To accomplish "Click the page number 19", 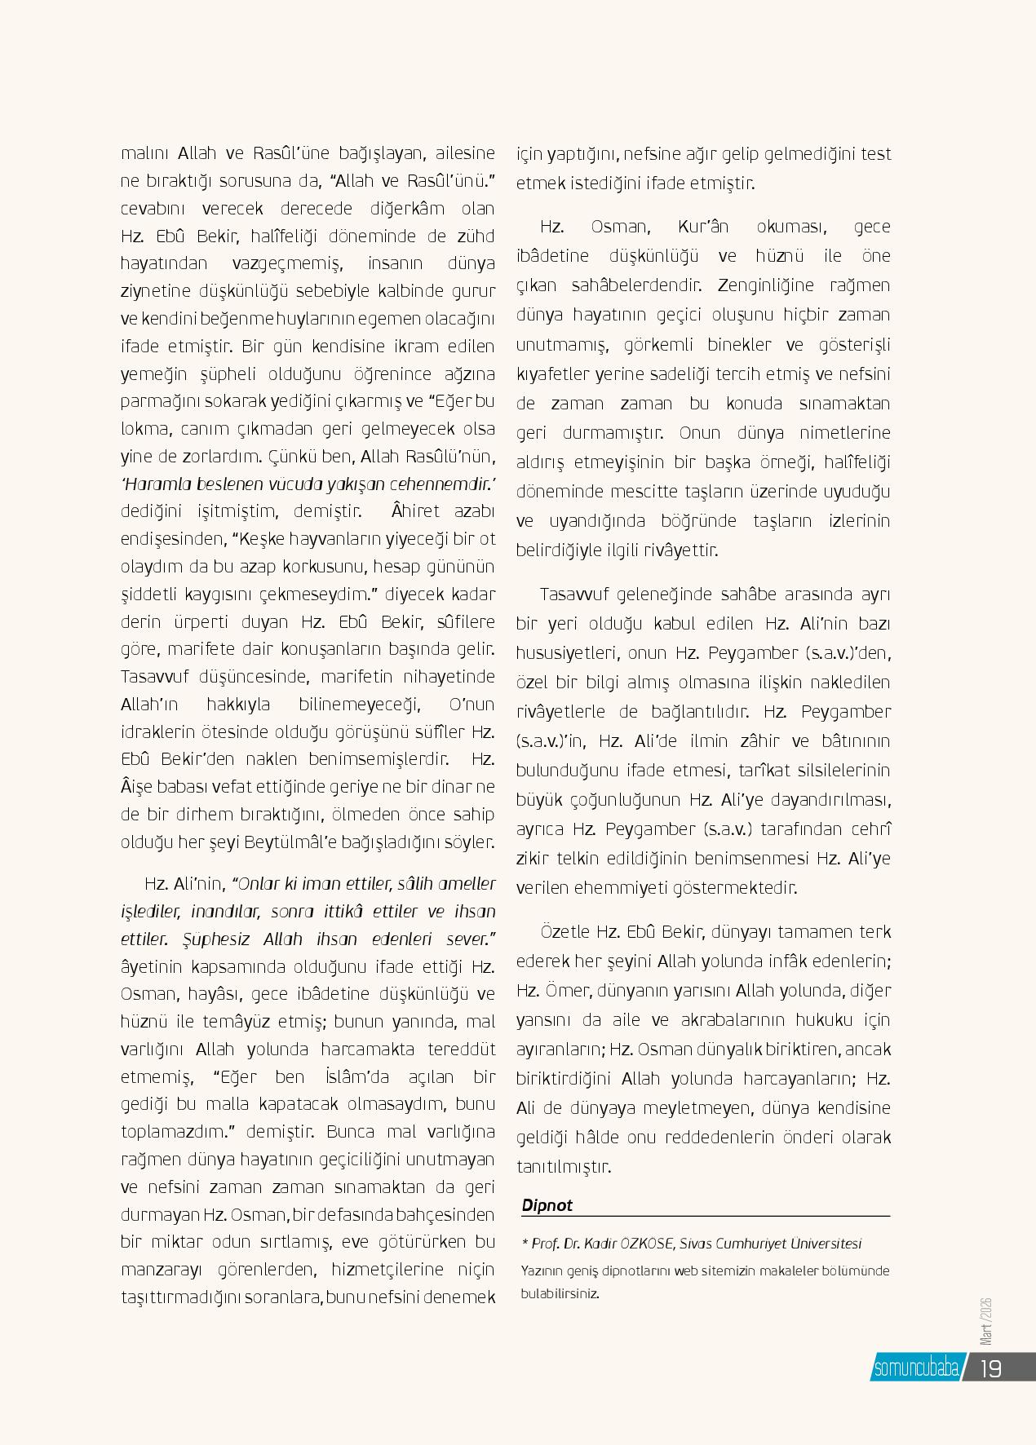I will click(x=990, y=1368).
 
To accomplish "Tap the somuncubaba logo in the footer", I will click(x=915, y=1368).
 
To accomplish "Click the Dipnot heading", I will click(x=547, y=1205).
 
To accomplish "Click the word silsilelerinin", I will click(x=838, y=771).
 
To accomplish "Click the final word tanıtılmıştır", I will click(x=563, y=1167).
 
